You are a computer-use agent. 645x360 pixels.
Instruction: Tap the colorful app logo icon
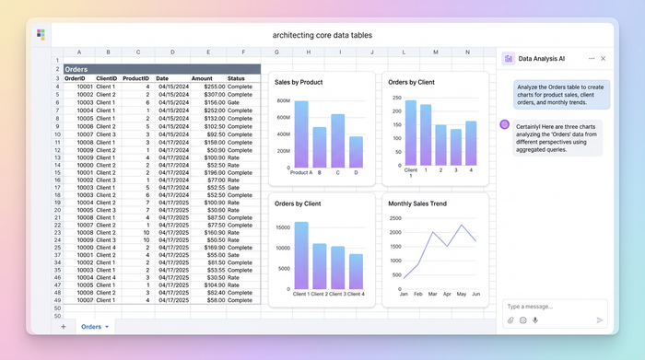pyautogui.click(x=41, y=35)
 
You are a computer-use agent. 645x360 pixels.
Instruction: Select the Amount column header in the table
pyautogui.click(x=201, y=78)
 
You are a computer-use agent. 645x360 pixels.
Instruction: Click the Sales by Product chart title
pyautogui.click(x=299, y=82)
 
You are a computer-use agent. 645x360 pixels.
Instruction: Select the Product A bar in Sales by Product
pyautogui.click(x=301, y=134)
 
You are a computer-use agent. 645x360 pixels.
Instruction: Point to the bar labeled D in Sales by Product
pyautogui.click(x=356, y=151)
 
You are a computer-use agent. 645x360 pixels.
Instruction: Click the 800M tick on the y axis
pyautogui.click(x=282, y=101)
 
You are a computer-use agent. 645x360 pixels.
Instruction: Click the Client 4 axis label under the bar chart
pyautogui.click(x=355, y=294)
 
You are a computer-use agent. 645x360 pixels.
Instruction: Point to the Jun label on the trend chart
pyautogui.click(x=475, y=294)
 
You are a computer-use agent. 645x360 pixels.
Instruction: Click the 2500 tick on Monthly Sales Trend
pyautogui.click(x=395, y=218)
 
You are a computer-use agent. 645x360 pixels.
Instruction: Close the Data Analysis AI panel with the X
pyautogui.click(x=603, y=58)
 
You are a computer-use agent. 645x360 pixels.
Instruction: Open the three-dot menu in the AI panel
pyautogui.click(x=592, y=58)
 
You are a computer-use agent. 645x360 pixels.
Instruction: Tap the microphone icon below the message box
pyautogui.click(x=535, y=320)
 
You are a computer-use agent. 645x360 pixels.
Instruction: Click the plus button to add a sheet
pyautogui.click(x=64, y=326)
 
